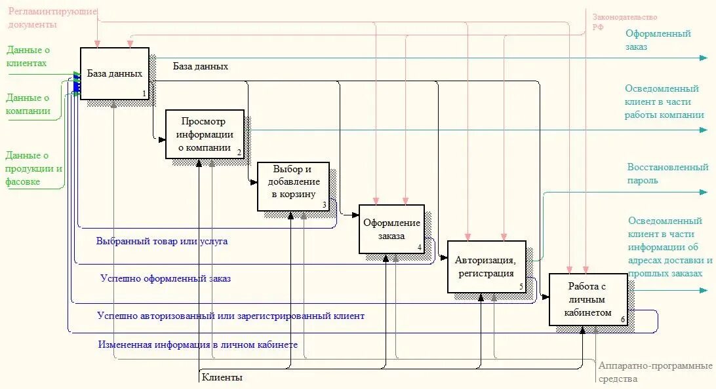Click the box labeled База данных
(x=115, y=73)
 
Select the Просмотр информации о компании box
(x=205, y=134)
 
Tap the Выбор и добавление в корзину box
(x=293, y=186)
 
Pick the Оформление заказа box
(x=391, y=229)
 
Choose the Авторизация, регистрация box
(x=486, y=267)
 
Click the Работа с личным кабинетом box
(x=588, y=299)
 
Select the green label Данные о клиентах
(x=28, y=56)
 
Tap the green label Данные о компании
(x=29, y=104)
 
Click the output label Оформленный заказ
(x=658, y=40)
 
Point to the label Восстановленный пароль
(x=667, y=174)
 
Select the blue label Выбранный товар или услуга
(x=162, y=241)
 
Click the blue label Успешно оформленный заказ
(x=165, y=278)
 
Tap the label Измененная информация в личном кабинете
(x=197, y=344)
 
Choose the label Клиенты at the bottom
(x=222, y=377)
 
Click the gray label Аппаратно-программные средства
(x=654, y=372)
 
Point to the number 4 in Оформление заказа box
(x=420, y=248)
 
